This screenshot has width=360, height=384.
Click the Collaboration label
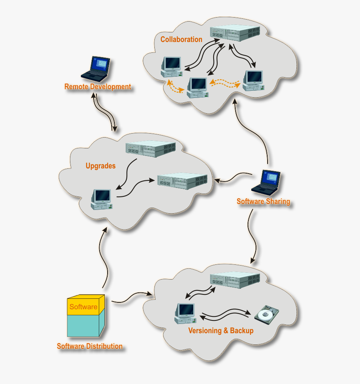[x=181, y=39]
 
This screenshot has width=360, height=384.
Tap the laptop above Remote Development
[x=96, y=68]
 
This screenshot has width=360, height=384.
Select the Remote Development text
[x=98, y=87]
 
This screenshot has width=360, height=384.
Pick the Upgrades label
[x=100, y=166]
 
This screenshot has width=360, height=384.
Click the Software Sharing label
[x=263, y=201]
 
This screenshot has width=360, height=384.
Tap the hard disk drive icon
[x=267, y=314]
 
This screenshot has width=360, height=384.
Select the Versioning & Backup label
[x=221, y=331]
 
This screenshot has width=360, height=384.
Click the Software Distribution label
[x=90, y=346]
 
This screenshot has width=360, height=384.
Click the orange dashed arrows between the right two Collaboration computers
[x=225, y=83]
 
